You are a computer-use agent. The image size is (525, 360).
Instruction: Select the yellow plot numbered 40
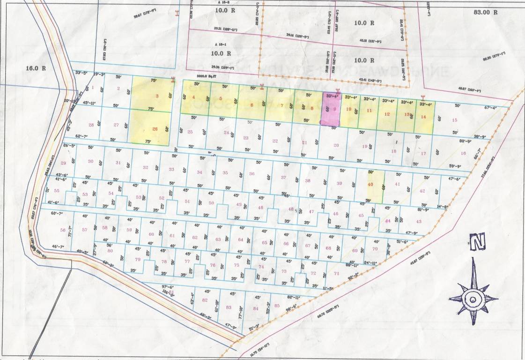371,185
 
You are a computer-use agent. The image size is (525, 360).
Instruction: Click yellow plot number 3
157,96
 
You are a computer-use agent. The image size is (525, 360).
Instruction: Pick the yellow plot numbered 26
155,129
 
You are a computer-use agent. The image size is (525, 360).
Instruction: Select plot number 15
454,120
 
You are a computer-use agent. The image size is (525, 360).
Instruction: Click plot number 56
63,230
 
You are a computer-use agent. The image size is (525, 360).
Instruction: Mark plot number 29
63,163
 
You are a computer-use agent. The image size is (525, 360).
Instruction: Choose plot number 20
336,145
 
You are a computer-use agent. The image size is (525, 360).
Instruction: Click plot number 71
336,273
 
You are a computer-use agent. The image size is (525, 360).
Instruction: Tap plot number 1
93,87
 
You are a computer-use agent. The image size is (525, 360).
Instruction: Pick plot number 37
283,177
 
